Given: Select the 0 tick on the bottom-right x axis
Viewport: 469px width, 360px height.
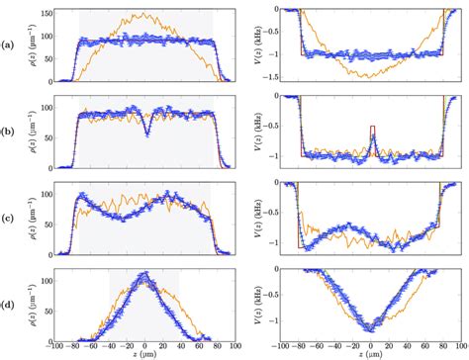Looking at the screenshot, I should (371, 342).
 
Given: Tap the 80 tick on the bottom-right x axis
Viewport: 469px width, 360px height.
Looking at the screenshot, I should (439, 342).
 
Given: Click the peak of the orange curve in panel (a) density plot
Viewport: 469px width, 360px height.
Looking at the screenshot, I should (145, 14).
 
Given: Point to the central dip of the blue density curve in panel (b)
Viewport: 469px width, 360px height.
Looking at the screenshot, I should (146, 137).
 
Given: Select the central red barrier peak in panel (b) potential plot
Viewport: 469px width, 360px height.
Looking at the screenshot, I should (371, 126).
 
